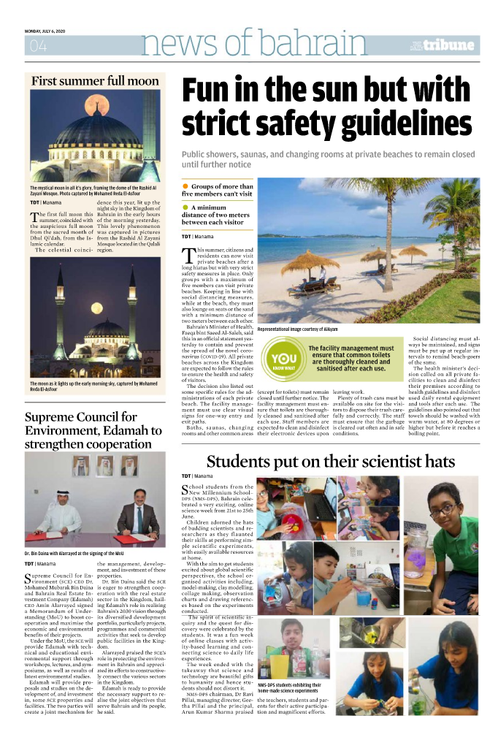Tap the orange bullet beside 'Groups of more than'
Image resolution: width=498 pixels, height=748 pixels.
point(185,188)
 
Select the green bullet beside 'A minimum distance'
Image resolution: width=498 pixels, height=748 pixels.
point(185,207)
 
